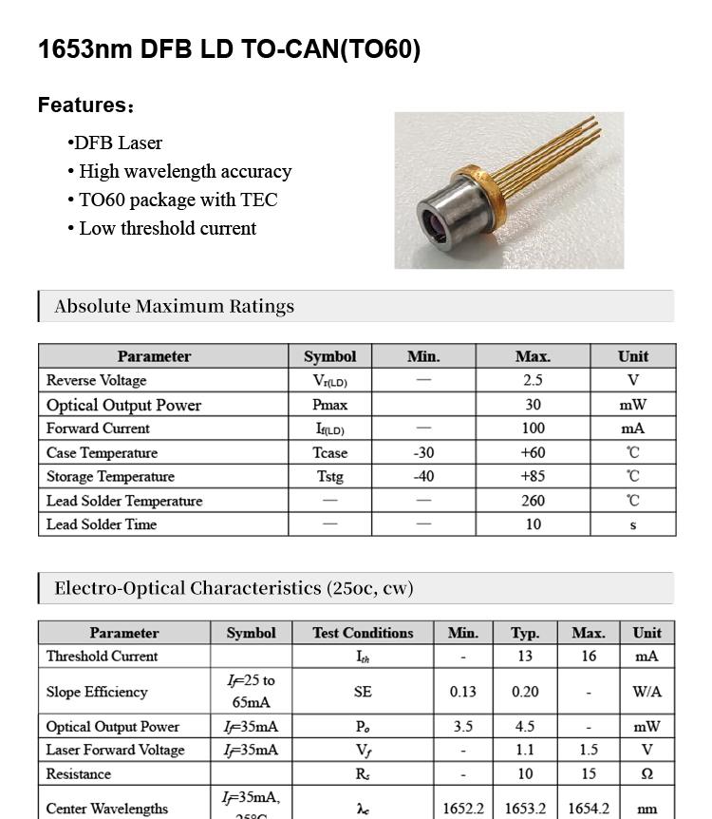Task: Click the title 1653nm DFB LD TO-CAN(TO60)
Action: pos(229,49)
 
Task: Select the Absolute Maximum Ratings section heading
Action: pos(175,307)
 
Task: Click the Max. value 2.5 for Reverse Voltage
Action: pos(533,380)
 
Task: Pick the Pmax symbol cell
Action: pos(329,405)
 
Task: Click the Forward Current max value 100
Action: pos(533,429)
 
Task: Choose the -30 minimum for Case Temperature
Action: pos(423,453)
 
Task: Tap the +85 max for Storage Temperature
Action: pos(533,477)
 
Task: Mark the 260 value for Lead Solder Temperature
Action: pos(533,501)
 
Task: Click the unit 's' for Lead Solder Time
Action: pos(632,524)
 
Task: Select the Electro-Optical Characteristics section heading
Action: pos(234,588)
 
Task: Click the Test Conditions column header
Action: pos(363,633)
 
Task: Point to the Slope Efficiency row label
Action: pos(97,692)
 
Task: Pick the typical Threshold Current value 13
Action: pos(525,657)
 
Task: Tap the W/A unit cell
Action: pos(646,692)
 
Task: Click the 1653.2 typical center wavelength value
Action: pos(525,809)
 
